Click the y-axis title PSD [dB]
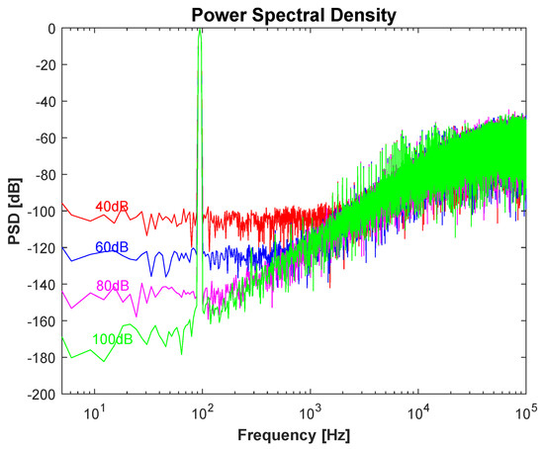coord(13,211)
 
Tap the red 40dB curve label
coord(111,207)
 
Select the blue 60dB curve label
coord(111,246)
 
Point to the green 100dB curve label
coord(113,339)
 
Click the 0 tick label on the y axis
coord(50,29)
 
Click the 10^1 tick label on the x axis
coord(96,409)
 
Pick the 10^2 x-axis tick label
coord(203,409)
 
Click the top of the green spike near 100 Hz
coord(201,32)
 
